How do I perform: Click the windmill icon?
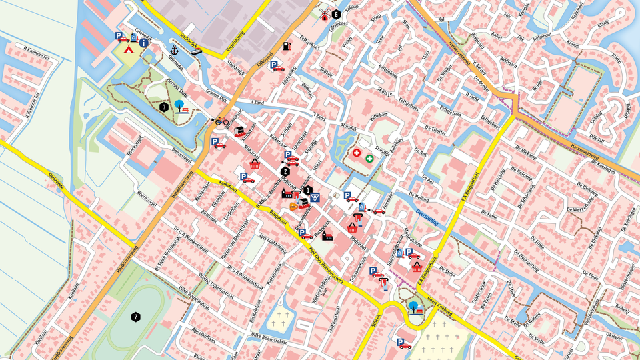pos(325,14)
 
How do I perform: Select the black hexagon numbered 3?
pos(163,106)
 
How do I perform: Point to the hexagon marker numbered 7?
pos(136,317)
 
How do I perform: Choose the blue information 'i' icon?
pos(143,43)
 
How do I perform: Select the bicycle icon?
pos(222,121)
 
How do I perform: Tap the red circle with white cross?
pos(357,153)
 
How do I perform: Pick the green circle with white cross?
pos(369,159)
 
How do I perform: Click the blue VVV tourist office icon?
pos(316,197)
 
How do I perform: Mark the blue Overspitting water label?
pos(427,218)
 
